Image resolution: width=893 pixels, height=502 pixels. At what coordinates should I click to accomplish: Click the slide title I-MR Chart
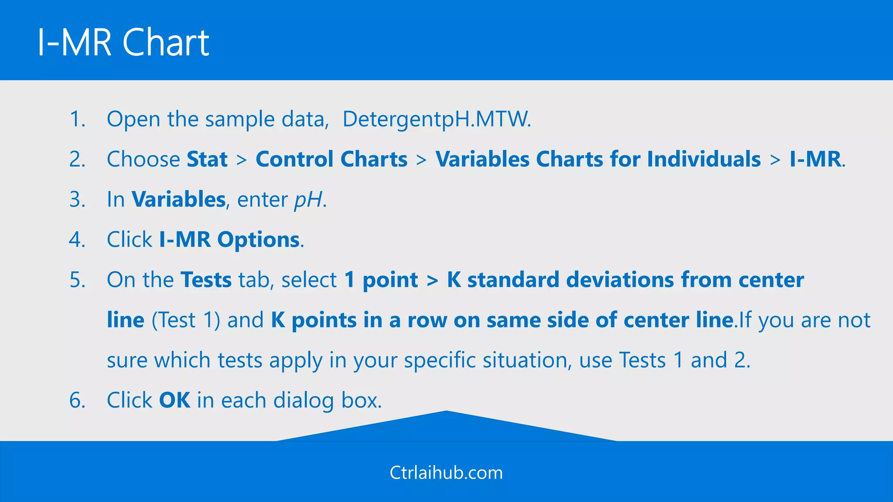pyautogui.click(x=123, y=42)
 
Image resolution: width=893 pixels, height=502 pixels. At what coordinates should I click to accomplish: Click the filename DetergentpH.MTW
pyautogui.click(x=436, y=119)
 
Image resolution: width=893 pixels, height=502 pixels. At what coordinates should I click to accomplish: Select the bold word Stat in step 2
pyautogui.click(x=207, y=159)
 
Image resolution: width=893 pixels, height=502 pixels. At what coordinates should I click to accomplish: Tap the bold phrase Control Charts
pyautogui.click(x=331, y=159)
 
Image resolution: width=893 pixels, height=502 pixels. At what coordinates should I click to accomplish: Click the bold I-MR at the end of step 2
pyautogui.click(x=815, y=159)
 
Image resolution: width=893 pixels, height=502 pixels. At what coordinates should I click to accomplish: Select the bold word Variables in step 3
pyautogui.click(x=178, y=200)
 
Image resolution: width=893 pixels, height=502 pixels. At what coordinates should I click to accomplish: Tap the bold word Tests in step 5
pyautogui.click(x=206, y=280)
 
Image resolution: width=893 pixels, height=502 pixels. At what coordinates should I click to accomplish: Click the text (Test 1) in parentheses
pyautogui.click(x=186, y=320)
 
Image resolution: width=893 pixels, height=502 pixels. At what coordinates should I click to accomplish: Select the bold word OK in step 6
pyautogui.click(x=174, y=400)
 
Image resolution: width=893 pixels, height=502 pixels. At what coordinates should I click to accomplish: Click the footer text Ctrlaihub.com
pyautogui.click(x=446, y=473)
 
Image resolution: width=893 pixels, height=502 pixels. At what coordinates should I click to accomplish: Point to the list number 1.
pyautogui.click(x=77, y=119)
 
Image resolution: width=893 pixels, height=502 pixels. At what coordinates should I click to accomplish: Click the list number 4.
pyautogui.click(x=77, y=240)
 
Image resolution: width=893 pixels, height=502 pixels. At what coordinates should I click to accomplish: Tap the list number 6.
pyautogui.click(x=77, y=400)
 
